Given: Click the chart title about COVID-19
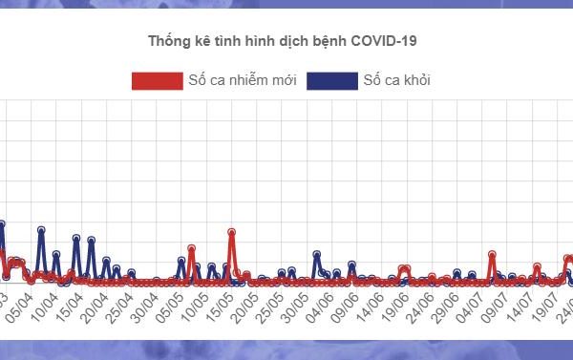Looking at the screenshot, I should pyautogui.click(x=283, y=41).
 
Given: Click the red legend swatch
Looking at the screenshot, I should pyautogui.click(x=156, y=80).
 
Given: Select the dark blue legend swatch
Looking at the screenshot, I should pyautogui.click(x=332, y=80).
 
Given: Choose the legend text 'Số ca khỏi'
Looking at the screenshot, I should pyautogui.click(x=396, y=80).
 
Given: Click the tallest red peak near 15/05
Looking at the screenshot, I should pyautogui.click(x=231, y=232).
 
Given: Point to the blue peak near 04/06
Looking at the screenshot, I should pyautogui.click(x=316, y=254).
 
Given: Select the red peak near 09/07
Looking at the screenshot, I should pyautogui.click(x=492, y=255).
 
